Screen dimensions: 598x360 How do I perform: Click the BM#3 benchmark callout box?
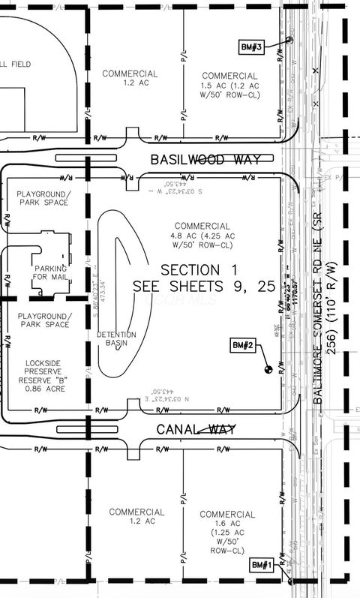click(x=251, y=47)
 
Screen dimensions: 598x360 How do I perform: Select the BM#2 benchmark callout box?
click(x=244, y=345)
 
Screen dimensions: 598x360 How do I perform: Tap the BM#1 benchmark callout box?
click(x=260, y=564)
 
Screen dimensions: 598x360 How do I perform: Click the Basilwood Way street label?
click(x=205, y=160)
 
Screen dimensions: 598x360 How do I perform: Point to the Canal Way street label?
click(x=196, y=429)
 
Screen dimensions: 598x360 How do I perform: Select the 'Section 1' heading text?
click(x=191, y=269)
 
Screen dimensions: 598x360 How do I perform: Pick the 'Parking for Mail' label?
click(x=49, y=274)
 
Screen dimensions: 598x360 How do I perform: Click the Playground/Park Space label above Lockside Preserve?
click(x=43, y=320)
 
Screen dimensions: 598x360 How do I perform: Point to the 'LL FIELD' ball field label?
click(x=16, y=65)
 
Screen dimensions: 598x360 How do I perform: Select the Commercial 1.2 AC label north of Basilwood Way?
click(x=131, y=79)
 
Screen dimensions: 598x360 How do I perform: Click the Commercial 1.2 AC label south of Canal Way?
click(x=136, y=516)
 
